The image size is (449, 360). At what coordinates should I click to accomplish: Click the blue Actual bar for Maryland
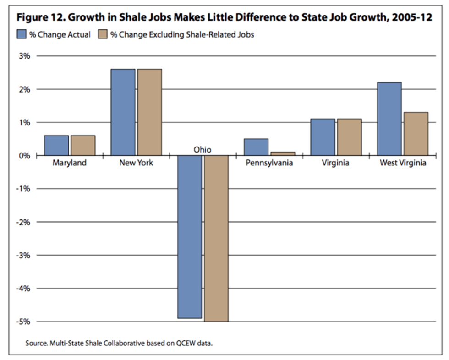click(x=56, y=145)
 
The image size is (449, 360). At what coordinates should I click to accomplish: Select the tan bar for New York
click(x=149, y=112)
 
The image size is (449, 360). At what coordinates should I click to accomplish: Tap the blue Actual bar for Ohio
click(x=190, y=236)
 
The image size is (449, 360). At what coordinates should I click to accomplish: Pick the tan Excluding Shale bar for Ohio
click(x=216, y=238)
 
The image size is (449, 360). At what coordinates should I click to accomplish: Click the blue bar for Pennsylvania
click(x=256, y=147)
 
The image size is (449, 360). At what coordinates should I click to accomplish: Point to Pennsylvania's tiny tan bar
click(x=283, y=154)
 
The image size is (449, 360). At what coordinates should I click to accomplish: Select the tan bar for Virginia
click(x=349, y=137)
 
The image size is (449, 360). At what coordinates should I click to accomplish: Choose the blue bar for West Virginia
click(x=389, y=119)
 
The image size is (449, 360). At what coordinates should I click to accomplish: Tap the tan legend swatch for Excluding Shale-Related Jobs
click(x=102, y=35)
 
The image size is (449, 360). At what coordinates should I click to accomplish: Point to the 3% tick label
click(x=24, y=56)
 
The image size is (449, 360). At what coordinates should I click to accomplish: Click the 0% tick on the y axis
click(x=24, y=156)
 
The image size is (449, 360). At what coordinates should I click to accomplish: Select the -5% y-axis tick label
click(x=23, y=322)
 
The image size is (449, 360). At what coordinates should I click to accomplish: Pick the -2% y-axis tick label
click(x=23, y=222)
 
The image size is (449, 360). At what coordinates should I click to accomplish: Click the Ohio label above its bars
click(x=203, y=149)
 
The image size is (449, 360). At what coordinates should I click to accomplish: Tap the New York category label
click(x=136, y=163)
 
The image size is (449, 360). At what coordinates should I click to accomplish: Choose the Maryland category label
click(x=69, y=163)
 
